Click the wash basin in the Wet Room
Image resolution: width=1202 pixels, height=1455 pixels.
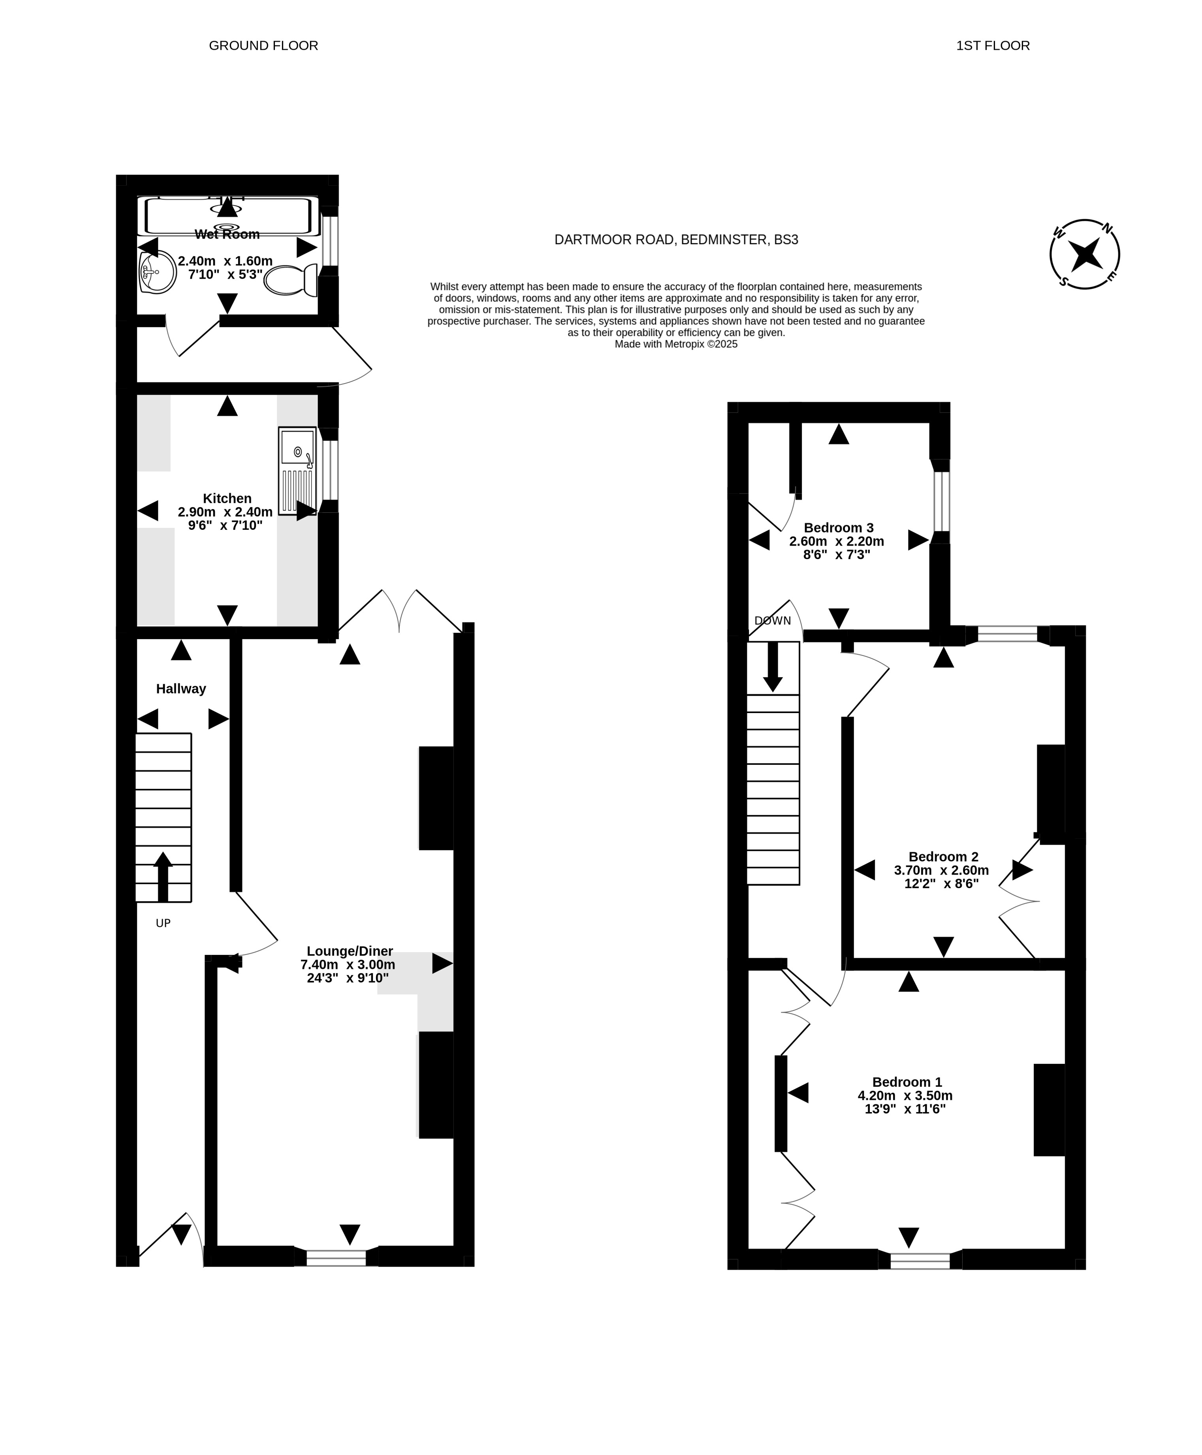pyautogui.click(x=157, y=272)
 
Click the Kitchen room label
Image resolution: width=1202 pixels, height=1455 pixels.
pyautogui.click(x=227, y=499)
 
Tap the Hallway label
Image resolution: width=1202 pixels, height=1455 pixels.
pyautogui.click(x=181, y=689)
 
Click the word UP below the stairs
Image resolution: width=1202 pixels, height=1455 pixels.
pyautogui.click(x=163, y=923)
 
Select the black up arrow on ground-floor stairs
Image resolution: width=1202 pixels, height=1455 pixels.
pyautogui.click(x=163, y=876)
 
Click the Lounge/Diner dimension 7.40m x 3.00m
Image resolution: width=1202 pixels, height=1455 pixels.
pyautogui.click(x=348, y=965)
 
